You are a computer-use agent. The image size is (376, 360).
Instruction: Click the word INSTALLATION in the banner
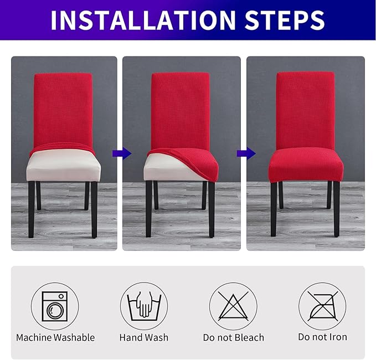[x=133, y=20]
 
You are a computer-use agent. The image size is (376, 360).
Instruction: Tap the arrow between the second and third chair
[x=243, y=153]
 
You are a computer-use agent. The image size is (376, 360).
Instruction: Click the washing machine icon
[x=55, y=306]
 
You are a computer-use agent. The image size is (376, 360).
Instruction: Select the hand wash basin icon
[x=144, y=306]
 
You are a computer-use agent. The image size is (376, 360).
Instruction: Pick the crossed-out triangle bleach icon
[x=233, y=306]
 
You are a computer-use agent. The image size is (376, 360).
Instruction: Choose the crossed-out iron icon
[x=322, y=306]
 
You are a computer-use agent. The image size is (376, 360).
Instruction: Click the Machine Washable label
[x=55, y=337]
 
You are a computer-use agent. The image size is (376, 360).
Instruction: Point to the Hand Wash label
[x=144, y=337]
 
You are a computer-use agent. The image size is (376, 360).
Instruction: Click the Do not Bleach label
[x=233, y=337]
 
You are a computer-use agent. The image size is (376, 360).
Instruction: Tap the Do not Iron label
[x=322, y=337]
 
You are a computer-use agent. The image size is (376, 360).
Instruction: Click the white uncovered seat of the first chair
[x=63, y=166]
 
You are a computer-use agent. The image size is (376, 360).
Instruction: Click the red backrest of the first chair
[x=63, y=108]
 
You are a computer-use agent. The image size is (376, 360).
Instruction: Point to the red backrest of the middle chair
[x=181, y=108]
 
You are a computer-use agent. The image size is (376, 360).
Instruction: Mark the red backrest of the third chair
[x=305, y=108]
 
